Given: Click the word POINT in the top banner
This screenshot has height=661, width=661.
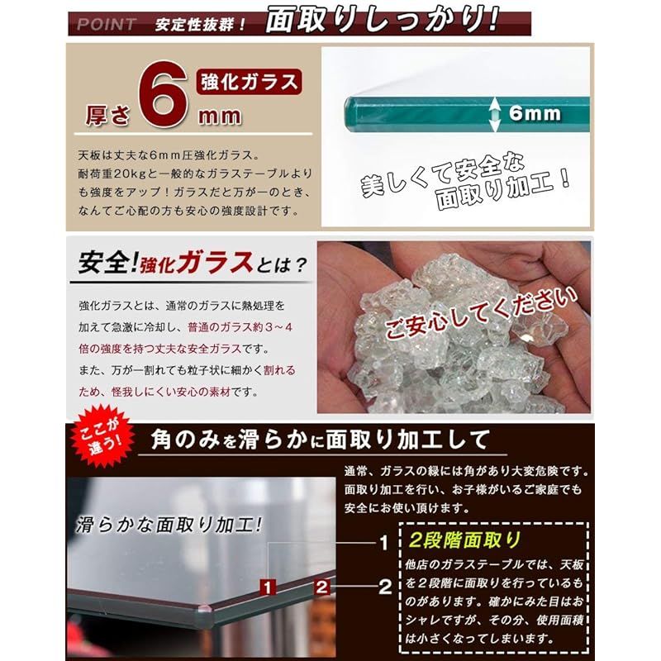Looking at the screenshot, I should [106, 24].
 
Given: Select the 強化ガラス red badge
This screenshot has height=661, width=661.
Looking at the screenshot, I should [248, 82].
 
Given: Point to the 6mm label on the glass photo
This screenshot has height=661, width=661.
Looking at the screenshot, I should [535, 113].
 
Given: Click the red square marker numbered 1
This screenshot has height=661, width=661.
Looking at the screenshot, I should [267, 587].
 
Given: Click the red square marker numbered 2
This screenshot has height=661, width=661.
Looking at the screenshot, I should [322, 587].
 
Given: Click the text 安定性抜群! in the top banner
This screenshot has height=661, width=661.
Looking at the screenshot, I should [201, 24].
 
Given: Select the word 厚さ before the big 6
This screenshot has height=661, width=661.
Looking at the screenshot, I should [106, 115].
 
